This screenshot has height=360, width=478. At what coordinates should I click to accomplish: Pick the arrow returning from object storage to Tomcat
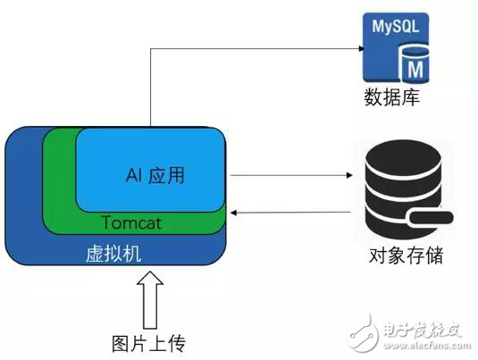click(286, 213)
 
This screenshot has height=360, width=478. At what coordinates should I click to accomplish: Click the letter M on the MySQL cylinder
click(415, 68)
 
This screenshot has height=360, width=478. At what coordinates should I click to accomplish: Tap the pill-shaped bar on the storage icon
click(428, 218)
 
